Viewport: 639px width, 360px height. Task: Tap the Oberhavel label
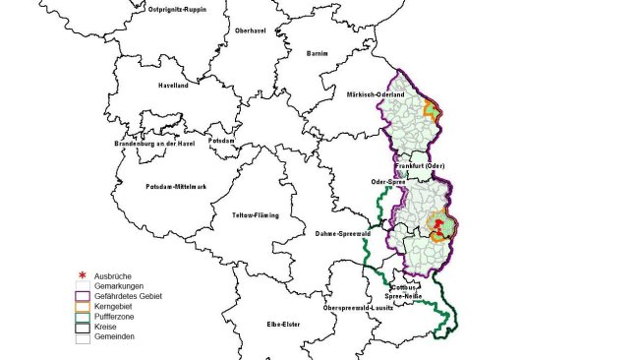click(x=250, y=31)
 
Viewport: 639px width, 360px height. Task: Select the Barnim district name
click(x=316, y=52)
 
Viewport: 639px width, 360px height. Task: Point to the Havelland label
click(x=173, y=86)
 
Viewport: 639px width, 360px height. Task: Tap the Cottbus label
click(x=405, y=286)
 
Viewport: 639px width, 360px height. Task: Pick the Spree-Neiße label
click(x=405, y=296)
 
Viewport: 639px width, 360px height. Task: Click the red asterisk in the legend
click(x=82, y=276)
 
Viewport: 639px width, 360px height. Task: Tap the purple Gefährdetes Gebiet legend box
click(x=82, y=295)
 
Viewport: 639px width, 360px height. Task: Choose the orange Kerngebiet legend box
click(x=82, y=306)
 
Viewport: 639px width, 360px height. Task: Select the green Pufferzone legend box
click(x=82, y=316)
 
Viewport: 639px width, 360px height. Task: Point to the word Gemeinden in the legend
click(x=115, y=336)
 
